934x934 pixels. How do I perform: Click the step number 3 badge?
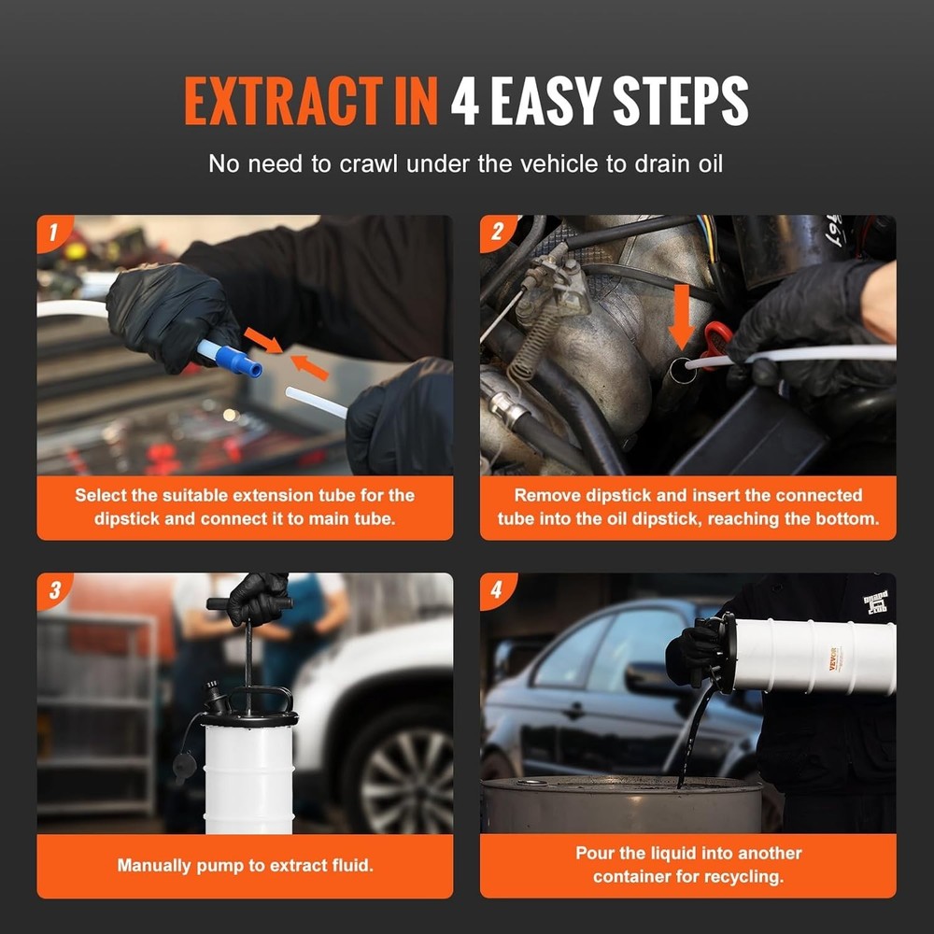click(52, 589)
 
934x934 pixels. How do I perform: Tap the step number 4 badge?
click(495, 589)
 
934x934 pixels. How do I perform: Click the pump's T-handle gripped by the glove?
click(248, 603)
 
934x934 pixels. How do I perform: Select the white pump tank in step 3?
click(248, 775)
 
